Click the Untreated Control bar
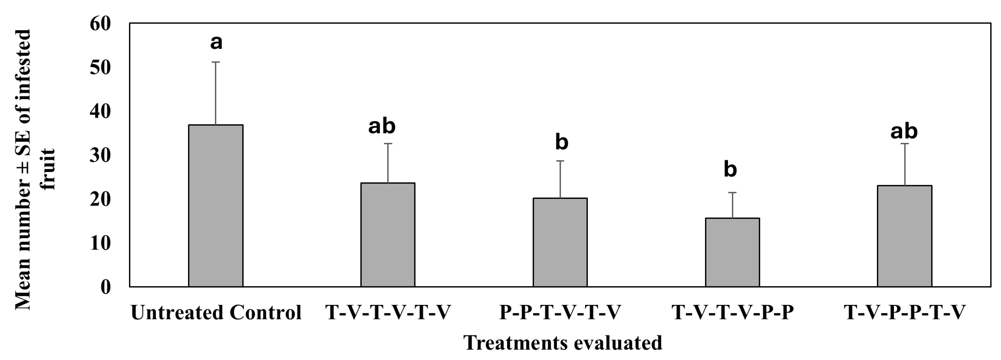216,206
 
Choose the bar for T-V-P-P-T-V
905,236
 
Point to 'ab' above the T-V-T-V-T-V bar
382,126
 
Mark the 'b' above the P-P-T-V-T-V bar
562,142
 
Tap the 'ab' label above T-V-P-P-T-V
904,131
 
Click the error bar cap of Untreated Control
216,62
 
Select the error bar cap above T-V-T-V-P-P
732,193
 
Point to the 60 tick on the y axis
100,24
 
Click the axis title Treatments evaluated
563,343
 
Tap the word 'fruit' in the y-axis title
49,169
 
